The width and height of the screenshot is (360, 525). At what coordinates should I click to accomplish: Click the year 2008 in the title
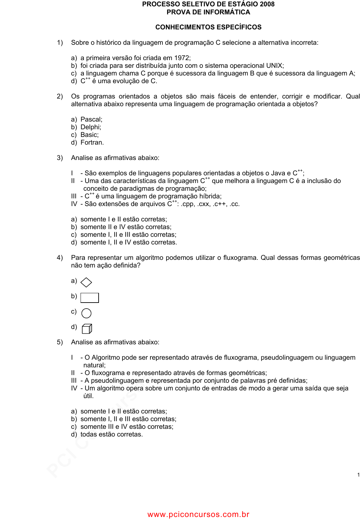(267, 4)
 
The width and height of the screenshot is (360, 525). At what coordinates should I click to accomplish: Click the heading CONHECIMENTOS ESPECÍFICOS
(208, 27)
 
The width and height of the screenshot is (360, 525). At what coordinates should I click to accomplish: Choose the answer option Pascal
(91, 120)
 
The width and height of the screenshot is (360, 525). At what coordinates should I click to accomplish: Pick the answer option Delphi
(91, 127)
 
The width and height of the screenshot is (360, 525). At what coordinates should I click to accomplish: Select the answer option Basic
(89, 135)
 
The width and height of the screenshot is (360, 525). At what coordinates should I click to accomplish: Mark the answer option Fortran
(92, 143)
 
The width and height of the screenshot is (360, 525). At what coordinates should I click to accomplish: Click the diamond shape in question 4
(86, 283)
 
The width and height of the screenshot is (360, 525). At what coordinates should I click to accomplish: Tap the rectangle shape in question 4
(90, 298)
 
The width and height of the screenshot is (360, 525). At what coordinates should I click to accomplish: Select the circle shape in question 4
(86, 313)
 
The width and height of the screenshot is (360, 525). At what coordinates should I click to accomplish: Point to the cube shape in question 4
(87, 329)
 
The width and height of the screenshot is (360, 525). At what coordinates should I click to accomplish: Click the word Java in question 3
(278, 173)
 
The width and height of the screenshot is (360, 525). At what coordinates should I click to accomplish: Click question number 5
(59, 342)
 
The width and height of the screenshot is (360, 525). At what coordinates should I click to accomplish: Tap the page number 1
(358, 475)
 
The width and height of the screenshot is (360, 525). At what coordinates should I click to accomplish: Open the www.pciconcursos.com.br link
(198, 515)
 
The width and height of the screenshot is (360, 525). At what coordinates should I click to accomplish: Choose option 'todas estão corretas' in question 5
(111, 434)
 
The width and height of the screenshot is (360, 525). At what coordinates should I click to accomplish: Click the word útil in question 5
(88, 396)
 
